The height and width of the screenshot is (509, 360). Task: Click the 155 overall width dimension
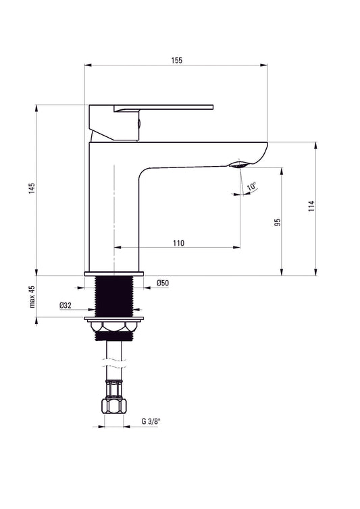[176, 60]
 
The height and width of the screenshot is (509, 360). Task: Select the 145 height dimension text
[31, 190]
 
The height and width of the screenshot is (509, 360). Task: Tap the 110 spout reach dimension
[178, 242]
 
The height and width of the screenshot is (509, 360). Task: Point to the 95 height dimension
[277, 222]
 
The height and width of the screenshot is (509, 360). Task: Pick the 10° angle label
[251, 186]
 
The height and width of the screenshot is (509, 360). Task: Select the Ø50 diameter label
[162, 284]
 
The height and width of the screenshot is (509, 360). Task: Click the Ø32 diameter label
[66, 305]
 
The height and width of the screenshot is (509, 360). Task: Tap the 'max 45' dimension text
[31, 296]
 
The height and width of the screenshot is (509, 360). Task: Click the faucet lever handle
[162, 108]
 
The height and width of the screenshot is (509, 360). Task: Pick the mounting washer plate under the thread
[114, 317]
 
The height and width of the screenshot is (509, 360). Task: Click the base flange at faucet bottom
[114, 273]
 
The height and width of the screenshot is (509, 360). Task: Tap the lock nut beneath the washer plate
[114, 327]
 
